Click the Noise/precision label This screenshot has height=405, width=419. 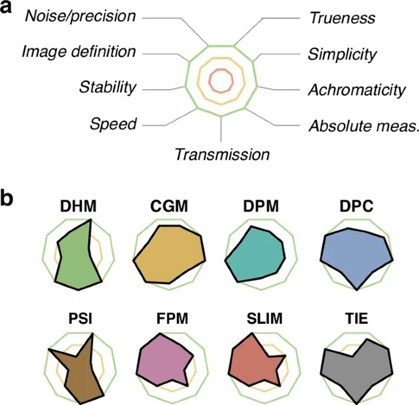click(81, 16)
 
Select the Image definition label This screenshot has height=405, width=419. click(79, 51)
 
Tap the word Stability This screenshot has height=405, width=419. click(107, 86)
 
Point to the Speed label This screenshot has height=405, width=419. click(114, 123)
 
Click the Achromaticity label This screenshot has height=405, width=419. click(357, 90)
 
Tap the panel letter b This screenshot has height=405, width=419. click(12, 198)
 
